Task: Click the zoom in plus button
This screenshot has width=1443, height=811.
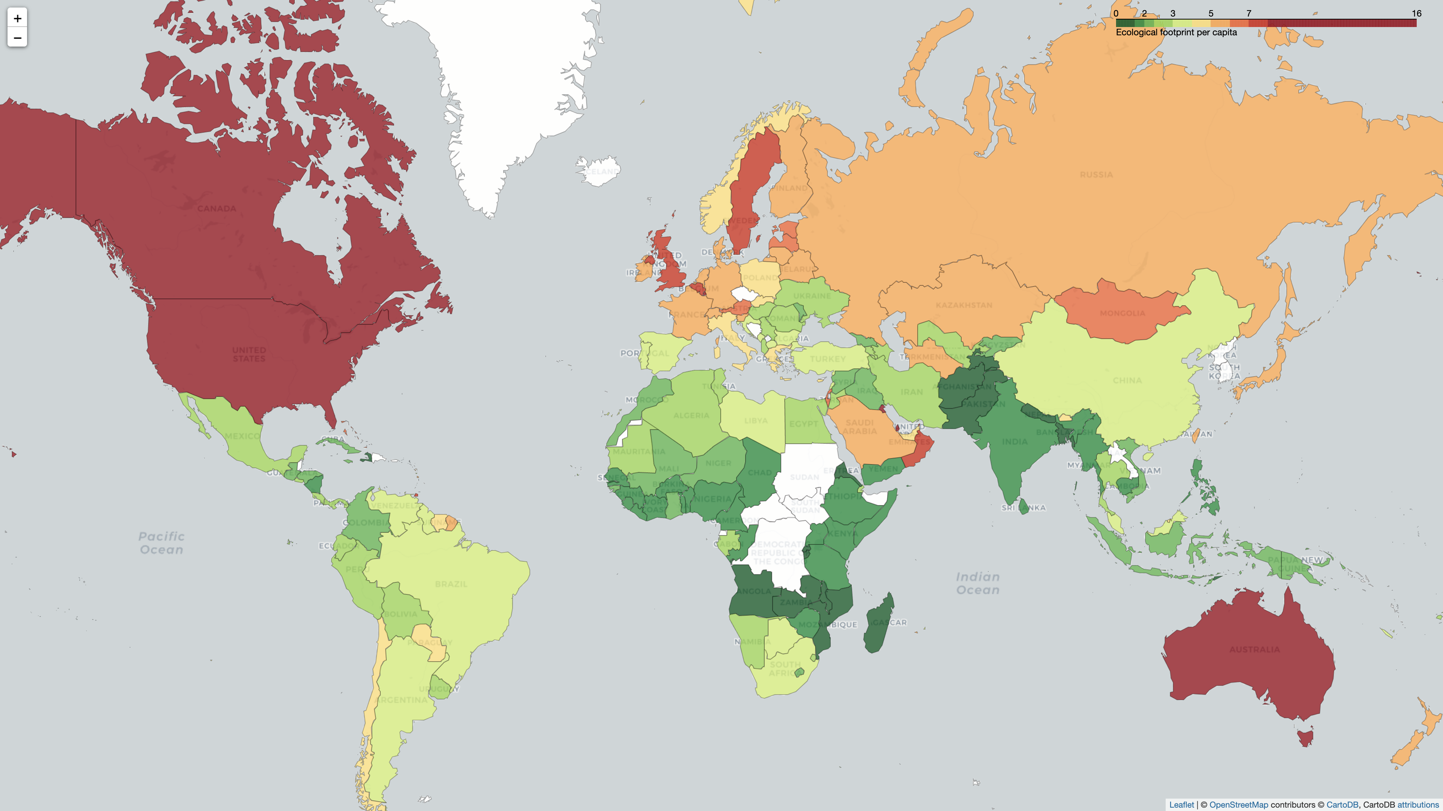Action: coord(17,18)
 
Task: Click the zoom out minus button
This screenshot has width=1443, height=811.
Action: coord(17,38)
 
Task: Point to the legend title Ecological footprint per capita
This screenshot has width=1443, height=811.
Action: coord(1176,32)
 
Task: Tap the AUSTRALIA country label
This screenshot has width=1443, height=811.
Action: coord(1254,649)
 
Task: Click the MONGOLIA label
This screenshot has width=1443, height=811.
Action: coord(1122,313)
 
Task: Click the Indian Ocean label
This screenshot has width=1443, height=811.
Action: coord(977,583)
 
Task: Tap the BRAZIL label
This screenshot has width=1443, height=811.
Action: coord(451,584)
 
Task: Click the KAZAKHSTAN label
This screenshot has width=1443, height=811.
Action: coord(964,305)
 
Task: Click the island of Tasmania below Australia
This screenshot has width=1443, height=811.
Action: coord(1305,737)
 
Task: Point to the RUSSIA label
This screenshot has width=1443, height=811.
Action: coord(1096,175)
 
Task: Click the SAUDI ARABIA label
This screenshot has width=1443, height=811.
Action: coord(859,427)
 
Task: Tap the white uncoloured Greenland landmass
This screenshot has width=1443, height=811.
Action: coord(504,84)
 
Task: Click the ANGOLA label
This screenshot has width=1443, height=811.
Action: coord(753,591)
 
